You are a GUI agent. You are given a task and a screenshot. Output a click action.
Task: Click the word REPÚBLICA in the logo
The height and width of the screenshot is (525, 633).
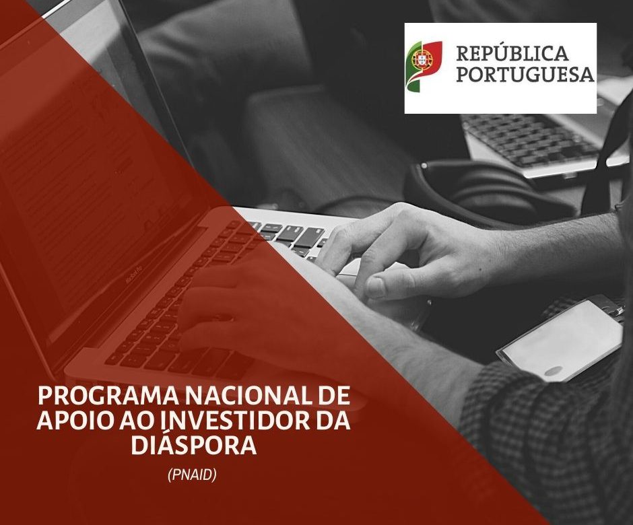click(512, 53)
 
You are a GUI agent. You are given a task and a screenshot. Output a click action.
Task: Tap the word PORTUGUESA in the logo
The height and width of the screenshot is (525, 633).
click(525, 74)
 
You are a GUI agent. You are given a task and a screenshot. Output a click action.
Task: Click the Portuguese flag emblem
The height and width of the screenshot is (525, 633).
click(424, 67)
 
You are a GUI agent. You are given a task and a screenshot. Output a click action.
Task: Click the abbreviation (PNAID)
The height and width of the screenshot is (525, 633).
click(192, 475)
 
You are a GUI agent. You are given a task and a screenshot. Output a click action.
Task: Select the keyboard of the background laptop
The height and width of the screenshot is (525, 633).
click(531, 139)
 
